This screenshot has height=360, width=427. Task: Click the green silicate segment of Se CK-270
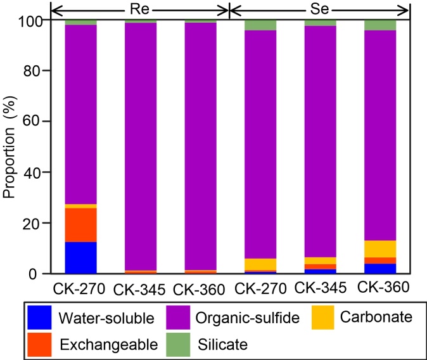[260, 25]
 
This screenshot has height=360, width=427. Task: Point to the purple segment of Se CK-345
[321, 139]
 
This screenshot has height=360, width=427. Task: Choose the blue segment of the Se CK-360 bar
[380, 269]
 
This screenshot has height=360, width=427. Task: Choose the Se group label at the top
[320, 9]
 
